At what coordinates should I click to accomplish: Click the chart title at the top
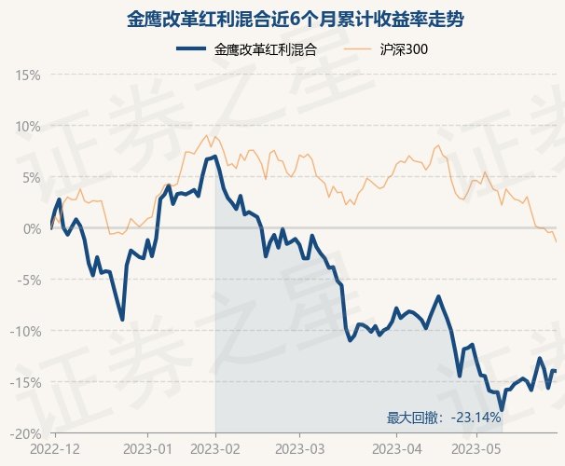click(296, 19)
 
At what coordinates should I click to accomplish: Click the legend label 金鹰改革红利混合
click(265, 49)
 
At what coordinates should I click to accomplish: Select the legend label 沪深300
click(404, 49)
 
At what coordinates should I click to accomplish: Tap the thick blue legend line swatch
click(191, 48)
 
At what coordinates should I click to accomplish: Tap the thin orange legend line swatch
click(357, 49)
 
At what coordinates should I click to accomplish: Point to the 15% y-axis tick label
click(28, 75)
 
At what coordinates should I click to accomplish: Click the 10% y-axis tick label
click(28, 127)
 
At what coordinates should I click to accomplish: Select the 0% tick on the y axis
click(32, 229)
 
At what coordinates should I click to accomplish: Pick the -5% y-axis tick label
click(29, 281)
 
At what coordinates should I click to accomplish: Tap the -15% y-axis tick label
click(25, 382)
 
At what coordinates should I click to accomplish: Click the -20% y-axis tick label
click(25, 434)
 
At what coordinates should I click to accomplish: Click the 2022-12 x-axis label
click(55, 449)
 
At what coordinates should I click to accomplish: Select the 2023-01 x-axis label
click(147, 449)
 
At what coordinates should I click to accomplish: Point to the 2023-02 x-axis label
click(215, 449)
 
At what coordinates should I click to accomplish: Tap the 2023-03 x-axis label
click(300, 449)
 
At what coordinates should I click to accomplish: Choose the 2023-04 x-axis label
click(397, 449)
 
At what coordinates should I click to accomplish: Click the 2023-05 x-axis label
click(476, 449)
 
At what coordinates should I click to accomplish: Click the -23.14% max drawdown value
click(475, 418)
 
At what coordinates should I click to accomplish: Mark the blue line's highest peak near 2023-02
click(215, 156)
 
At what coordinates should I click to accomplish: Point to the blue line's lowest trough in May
click(502, 410)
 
